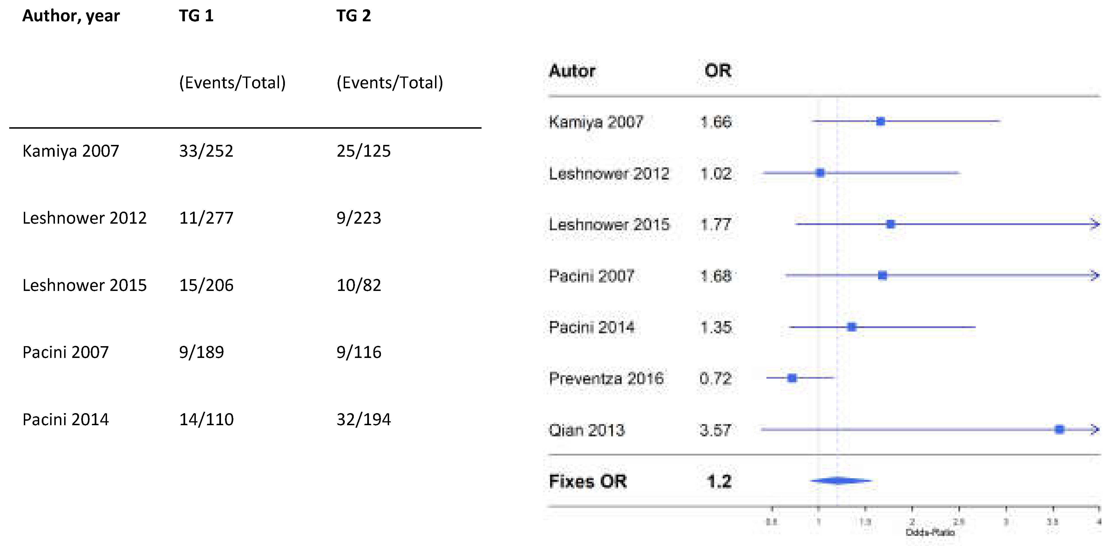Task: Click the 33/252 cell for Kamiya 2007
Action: point(206,151)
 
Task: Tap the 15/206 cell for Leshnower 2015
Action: point(206,285)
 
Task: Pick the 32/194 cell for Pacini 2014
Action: point(364,420)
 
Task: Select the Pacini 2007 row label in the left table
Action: point(66,352)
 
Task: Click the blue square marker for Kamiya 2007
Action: point(880,121)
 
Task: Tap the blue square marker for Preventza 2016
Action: point(792,378)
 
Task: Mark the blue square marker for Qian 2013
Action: point(1059,429)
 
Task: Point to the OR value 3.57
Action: point(715,430)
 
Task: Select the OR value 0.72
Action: point(715,379)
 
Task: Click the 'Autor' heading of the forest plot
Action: point(572,71)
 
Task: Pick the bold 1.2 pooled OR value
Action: point(719,482)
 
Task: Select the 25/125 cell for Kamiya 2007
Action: point(364,151)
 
